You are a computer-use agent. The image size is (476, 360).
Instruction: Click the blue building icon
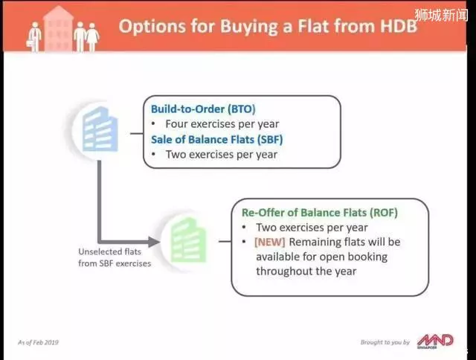click(100, 129)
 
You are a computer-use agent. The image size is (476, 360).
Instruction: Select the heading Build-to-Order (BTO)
click(203, 109)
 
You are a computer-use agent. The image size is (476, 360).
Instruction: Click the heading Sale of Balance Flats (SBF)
click(216, 140)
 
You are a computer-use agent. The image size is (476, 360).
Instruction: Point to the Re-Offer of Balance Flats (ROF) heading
click(319, 213)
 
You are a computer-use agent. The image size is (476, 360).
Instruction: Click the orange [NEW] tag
click(269, 242)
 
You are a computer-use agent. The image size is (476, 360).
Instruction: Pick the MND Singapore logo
click(435, 341)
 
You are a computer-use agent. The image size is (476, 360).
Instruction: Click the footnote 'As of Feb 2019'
click(38, 342)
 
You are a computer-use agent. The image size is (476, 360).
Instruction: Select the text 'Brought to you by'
click(385, 342)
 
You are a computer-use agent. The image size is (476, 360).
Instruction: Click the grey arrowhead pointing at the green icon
click(154, 242)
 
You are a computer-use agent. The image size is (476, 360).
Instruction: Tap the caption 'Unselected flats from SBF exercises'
click(115, 257)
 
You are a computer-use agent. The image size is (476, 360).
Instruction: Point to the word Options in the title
click(152, 26)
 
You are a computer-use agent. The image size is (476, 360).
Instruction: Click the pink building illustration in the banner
click(58, 29)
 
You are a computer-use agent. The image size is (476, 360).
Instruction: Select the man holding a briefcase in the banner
click(35, 37)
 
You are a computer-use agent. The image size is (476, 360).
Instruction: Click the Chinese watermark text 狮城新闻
click(441, 15)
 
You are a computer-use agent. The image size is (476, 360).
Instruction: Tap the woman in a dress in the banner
click(92, 37)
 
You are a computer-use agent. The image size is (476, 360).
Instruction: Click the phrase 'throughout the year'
click(306, 271)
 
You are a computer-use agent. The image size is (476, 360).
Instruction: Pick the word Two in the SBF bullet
click(176, 155)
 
